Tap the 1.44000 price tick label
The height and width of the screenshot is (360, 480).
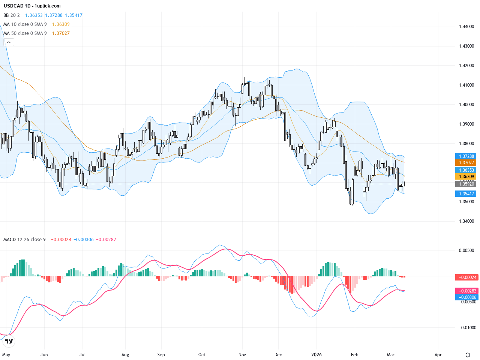click(x=466, y=27)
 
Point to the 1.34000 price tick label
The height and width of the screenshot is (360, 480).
click(x=466, y=221)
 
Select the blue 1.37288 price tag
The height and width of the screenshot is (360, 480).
click(x=466, y=156)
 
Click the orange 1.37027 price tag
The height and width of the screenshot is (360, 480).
click(x=466, y=163)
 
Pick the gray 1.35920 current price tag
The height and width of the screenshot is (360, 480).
click(x=466, y=184)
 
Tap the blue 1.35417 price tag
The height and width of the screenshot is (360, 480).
click(x=466, y=194)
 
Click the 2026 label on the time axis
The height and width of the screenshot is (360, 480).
click(x=316, y=355)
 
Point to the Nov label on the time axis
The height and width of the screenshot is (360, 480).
click(x=242, y=355)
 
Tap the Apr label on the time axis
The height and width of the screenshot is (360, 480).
click(x=438, y=355)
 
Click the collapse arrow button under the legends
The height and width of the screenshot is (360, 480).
click(x=9, y=42)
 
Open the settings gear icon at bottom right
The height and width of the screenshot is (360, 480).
click(x=468, y=355)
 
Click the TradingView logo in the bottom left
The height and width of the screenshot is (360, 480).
click(x=9, y=341)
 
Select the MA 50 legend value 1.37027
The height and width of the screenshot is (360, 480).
click(x=61, y=33)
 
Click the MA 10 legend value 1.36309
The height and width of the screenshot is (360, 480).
click(x=61, y=24)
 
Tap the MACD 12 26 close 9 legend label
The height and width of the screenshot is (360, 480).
click(x=24, y=240)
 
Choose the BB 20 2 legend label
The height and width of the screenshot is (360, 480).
click(x=12, y=15)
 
